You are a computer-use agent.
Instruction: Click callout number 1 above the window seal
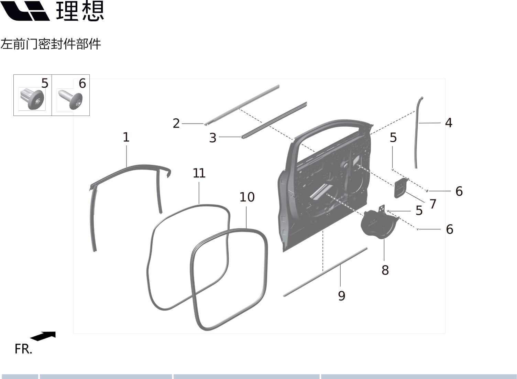pyautogui.click(x=126, y=137)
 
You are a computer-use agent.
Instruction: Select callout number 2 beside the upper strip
pyautogui.click(x=176, y=123)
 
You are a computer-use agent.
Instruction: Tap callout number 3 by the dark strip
pyautogui.click(x=213, y=138)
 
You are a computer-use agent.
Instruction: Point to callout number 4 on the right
pyautogui.click(x=448, y=123)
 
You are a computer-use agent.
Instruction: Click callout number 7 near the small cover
pyautogui.click(x=433, y=204)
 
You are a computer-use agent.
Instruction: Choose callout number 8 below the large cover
pyautogui.click(x=385, y=270)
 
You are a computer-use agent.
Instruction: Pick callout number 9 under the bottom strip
pyautogui.click(x=341, y=295)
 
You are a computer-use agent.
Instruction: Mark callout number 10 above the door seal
pyautogui.click(x=247, y=197)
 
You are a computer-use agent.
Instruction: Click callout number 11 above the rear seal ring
pyautogui.click(x=199, y=173)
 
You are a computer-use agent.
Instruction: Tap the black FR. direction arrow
pyautogui.click(x=43, y=336)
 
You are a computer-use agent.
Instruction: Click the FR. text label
pyautogui.click(x=23, y=349)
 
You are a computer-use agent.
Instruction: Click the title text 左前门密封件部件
pyautogui.click(x=51, y=44)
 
